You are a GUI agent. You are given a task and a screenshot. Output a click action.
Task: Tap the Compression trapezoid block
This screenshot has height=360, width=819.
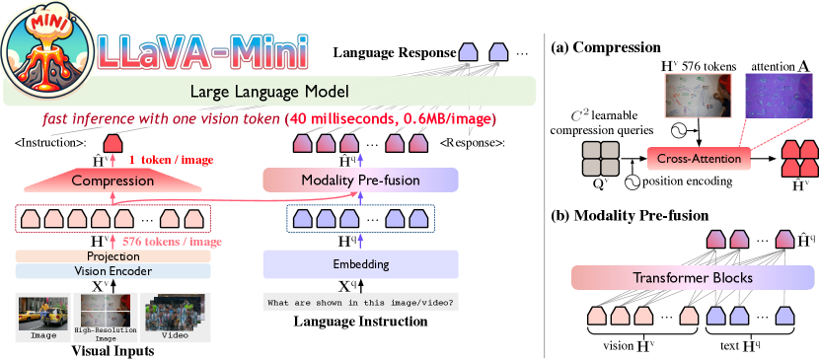tap(112, 181)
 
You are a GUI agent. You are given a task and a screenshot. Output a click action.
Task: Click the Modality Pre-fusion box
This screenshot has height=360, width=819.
tap(360, 180)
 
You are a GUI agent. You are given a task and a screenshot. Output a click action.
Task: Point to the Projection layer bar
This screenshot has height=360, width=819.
tap(112, 256)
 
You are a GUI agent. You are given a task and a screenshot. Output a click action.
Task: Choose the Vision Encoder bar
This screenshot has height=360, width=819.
tap(112, 271)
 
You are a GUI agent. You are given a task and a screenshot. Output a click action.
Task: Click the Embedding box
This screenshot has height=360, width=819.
tap(360, 264)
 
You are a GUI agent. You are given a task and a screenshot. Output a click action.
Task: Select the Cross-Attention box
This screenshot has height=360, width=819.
tap(699, 159)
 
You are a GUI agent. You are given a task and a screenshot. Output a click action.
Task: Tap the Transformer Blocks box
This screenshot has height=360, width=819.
tap(693, 277)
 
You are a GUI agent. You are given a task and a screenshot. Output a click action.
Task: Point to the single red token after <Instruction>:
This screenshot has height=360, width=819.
tap(112, 142)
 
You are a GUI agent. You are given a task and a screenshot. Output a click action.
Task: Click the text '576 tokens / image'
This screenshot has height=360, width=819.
tap(172, 242)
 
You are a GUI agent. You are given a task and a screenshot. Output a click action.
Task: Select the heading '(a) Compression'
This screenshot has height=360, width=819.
tap(606, 47)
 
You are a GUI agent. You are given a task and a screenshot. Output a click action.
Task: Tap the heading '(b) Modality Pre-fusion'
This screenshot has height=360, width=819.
tap(630, 215)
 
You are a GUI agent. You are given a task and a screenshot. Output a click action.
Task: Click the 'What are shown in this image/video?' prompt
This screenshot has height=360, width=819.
tap(360, 302)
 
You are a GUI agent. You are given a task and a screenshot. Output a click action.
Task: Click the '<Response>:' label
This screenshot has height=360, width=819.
tap(473, 143)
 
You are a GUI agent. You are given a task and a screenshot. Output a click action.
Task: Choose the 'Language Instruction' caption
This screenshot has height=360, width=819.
tap(360, 322)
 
